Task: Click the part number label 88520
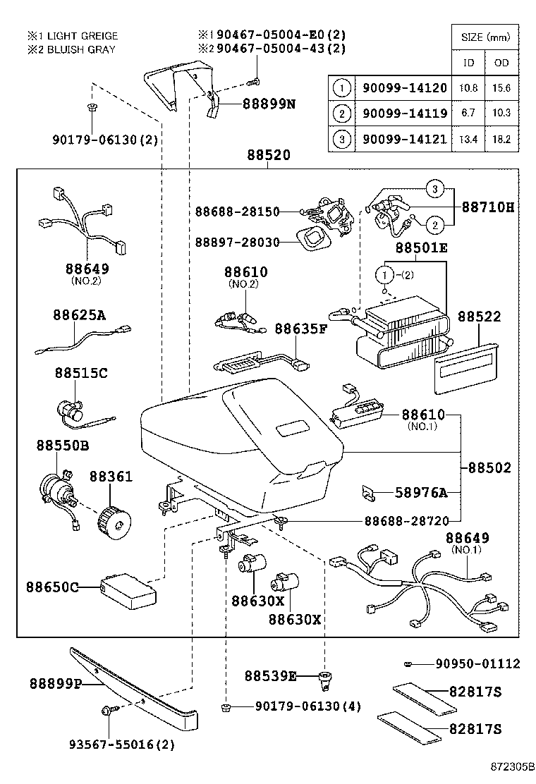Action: tap(269, 156)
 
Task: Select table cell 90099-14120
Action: tap(400, 88)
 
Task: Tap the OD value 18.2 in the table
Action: tap(501, 139)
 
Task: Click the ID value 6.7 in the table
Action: tap(468, 114)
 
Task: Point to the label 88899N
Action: tap(269, 104)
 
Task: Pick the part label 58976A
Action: tap(421, 493)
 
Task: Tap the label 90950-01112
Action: tap(477, 663)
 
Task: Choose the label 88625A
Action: tap(78, 315)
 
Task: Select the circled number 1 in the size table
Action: tap(341, 88)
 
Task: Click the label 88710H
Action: tap(488, 209)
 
